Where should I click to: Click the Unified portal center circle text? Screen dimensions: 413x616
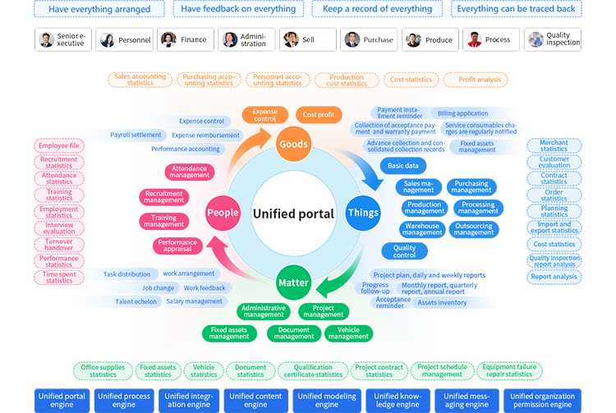point(293,213)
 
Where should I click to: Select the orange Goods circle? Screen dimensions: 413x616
point(293,144)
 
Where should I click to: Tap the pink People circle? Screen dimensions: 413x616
point(223,212)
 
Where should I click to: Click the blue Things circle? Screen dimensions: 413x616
point(363,213)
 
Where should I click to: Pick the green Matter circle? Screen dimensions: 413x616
point(293,282)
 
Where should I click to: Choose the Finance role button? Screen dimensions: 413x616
point(186,39)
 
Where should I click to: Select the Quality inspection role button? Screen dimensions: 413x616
point(554,39)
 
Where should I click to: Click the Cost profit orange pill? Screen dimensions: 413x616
point(319,115)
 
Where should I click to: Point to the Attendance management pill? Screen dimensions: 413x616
point(190,172)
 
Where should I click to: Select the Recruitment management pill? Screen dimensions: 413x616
point(163,197)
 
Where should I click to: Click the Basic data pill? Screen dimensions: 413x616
point(402,166)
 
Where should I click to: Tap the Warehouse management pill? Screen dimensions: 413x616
point(422,229)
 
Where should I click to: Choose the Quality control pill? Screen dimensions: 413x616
point(404,251)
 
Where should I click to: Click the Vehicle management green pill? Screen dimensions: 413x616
point(348,333)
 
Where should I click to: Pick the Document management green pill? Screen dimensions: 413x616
point(294,333)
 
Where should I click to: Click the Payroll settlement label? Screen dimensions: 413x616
point(136,135)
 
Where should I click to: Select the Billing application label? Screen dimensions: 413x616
point(462,114)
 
